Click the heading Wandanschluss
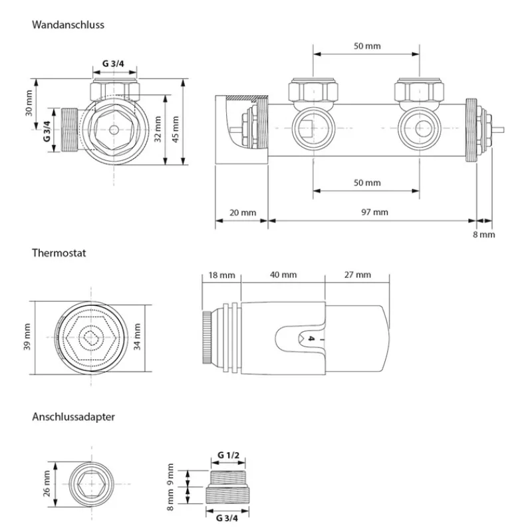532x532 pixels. click(68, 25)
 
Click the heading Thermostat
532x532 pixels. click(59, 253)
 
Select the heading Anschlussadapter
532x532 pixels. click(73, 417)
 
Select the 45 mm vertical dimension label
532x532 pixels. click(176, 124)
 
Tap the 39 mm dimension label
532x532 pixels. click(27, 338)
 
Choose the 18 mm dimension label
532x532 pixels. click(221, 275)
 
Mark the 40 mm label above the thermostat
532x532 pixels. click(283, 275)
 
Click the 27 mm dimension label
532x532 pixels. click(357, 275)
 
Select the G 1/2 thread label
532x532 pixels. click(228, 455)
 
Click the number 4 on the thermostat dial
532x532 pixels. click(310, 339)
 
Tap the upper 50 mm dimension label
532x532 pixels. click(367, 46)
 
